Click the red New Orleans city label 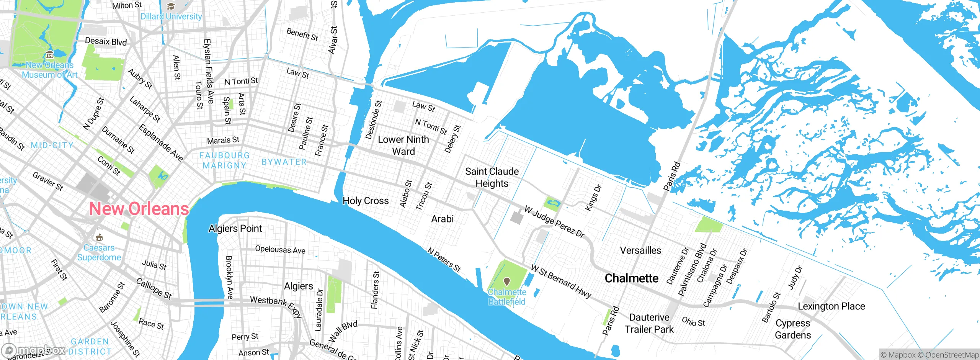coord(139,209)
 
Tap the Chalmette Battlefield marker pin coord(507,281)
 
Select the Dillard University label coord(171,16)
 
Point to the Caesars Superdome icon coord(99,237)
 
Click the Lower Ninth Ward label coord(403,145)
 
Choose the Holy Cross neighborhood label coord(366,201)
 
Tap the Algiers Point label coord(235,229)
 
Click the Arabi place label coord(443,219)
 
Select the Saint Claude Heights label coord(492,177)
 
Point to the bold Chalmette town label coord(632,278)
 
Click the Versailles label coord(640,250)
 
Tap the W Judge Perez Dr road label coord(554,222)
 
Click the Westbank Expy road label coord(276,306)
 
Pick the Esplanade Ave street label coord(161,143)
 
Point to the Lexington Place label coord(831,306)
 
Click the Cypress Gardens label coord(793,329)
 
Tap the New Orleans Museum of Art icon coord(49,55)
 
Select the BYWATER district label coord(284,162)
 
